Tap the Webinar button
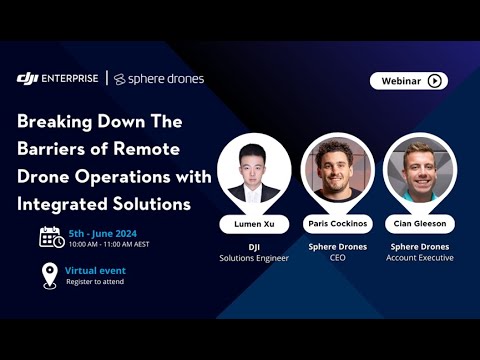tap(408, 81)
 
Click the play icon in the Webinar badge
tap(434, 81)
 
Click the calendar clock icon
tap(51, 237)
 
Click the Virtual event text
tap(96, 270)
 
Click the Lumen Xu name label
tap(253, 223)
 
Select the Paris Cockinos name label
tap(337, 223)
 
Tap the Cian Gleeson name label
tap(421, 223)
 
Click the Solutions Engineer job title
tap(253, 258)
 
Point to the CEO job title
tap(337, 258)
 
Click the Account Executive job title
tap(421, 258)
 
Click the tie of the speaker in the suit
tap(253, 195)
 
